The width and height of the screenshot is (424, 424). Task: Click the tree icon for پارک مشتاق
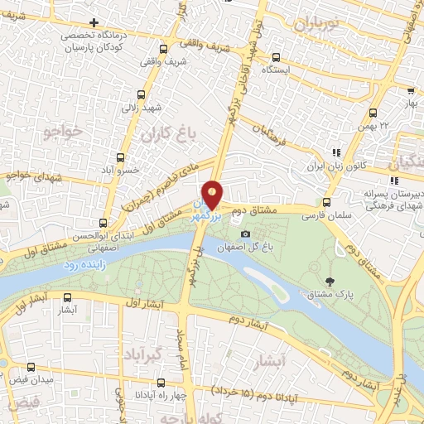click(330, 282)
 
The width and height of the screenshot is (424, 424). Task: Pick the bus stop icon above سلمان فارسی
click(327, 201)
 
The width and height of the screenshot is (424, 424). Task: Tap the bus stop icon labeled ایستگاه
click(276, 57)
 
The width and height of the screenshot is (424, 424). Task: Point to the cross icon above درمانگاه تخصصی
click(94, 22)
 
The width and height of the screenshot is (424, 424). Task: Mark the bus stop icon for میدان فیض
click(31, 367)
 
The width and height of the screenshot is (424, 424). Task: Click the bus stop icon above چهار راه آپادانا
click(159, 383)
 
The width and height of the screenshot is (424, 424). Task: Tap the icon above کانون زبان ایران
click(335, 152)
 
